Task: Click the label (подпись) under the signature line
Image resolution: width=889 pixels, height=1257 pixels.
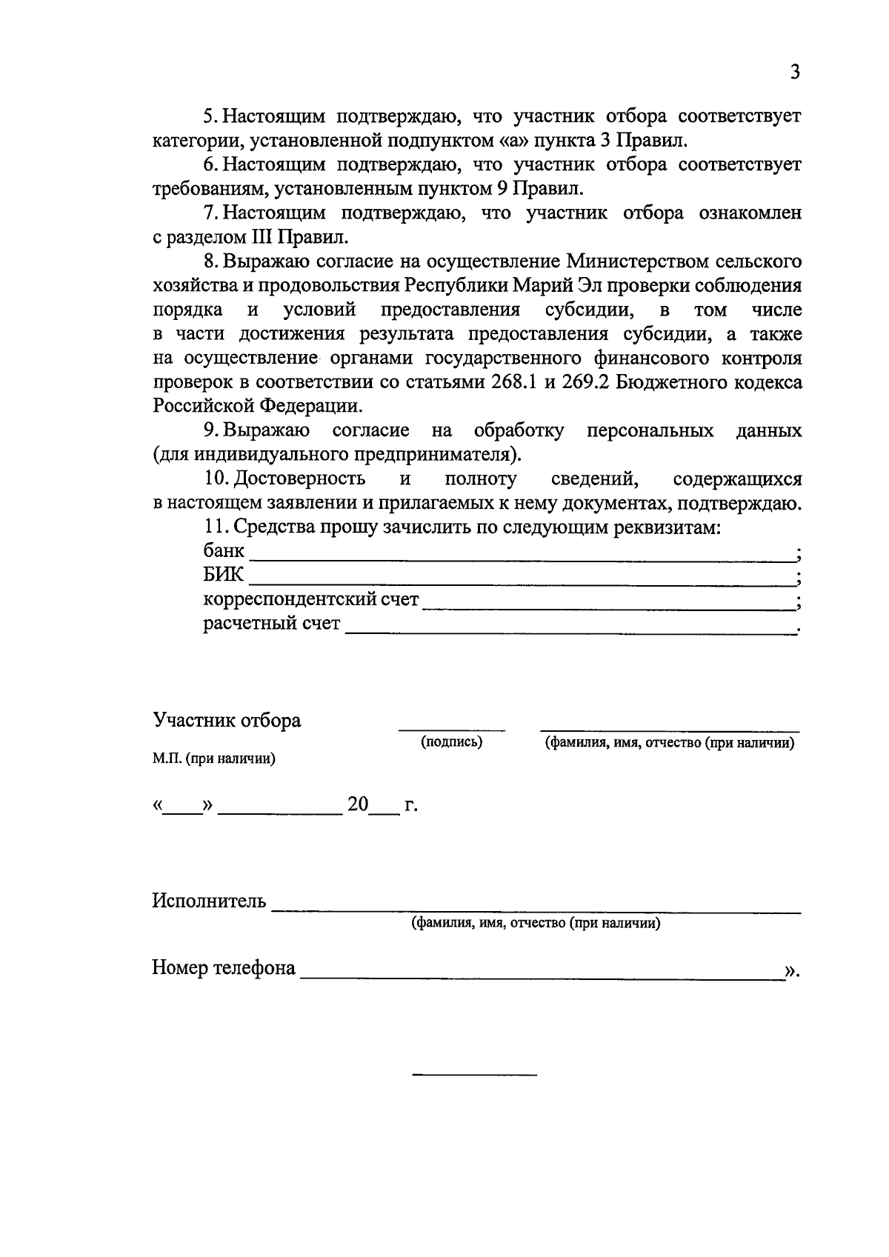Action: pos(452,742)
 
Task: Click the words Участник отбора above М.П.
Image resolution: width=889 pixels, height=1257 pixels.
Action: pos(227,721)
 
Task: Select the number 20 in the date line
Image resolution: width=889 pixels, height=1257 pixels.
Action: pos(358,804)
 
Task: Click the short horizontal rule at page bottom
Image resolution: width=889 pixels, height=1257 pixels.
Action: pos(474,1074)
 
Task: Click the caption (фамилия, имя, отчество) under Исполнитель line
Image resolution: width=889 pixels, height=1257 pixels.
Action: pos(536,924)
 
